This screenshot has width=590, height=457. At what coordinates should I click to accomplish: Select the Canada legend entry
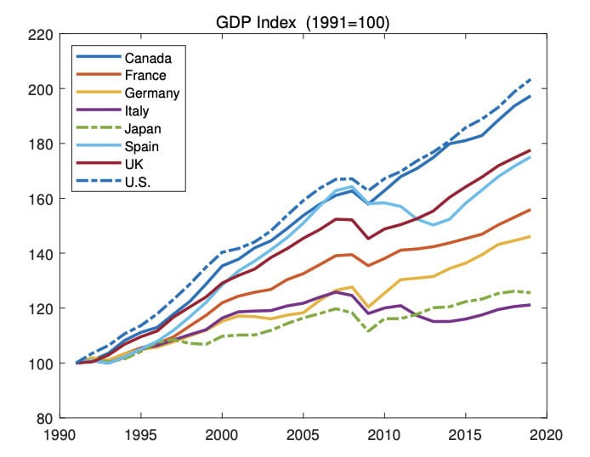click(149, 59)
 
